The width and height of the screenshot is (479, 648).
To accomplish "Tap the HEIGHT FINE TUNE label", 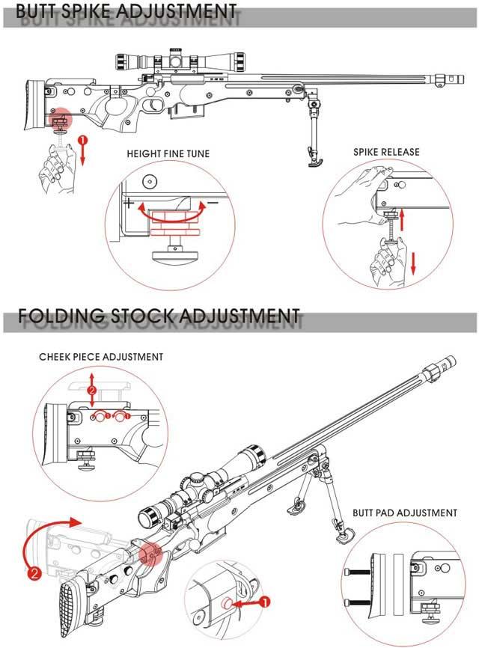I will coord(168,153).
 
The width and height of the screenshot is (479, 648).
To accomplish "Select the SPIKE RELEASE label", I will coord(386,152).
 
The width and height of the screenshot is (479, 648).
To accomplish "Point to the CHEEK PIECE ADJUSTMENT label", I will coord(101,357).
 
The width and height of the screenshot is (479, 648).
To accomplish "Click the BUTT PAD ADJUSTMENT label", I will coord(405,513).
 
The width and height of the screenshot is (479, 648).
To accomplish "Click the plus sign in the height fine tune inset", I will coord(129,203).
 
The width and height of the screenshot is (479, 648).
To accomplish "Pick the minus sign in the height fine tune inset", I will coord(213,202).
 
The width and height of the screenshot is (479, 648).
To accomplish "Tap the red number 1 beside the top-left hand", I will coord(82,140).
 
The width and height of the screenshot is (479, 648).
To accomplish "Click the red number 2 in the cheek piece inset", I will coord(92,391).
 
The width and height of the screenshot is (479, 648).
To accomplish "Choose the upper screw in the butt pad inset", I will coord(359,573).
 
